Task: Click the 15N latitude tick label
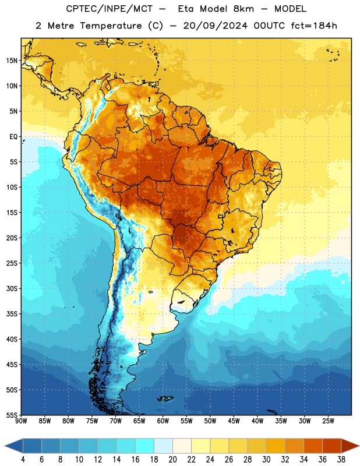pyautogui.click(x=12, y=61)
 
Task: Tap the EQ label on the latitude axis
pyautogui.click(x=13, y=137)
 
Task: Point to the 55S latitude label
pyautogui.click(x=12, y=415)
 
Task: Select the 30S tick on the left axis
pyautogui.click(x=12, y=288)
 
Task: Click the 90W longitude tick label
pyautogui.click(x=21, y=421)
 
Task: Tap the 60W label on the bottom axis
pyautogui.click(x=163, y=421)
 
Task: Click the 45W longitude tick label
pyautogui.click(x=234, y=421)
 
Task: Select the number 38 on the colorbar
pyautogui.click(x=341, y=460)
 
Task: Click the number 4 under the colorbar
pyautogui.click(x=23, y=460)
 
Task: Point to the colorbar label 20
pyautogui.click(x=172, y=460)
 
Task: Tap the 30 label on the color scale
pyautogui.click(x=266, y=460)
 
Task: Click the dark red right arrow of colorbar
pyautogui.click(x=350, y=446)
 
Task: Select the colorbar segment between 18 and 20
pyautogui.click(x=164, y=446)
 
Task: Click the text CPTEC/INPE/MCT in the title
pyautogui.click(x=109, y=9)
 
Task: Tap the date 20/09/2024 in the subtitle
pyautogui.click(x=215, y=26)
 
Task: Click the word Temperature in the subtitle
pyautogui.click(x=111, y=26)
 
